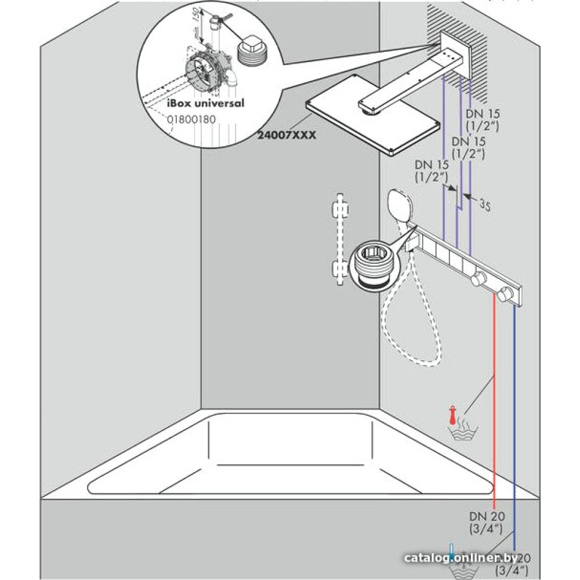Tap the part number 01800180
(191, 119)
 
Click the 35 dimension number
(485, 204)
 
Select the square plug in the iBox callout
(250, 47)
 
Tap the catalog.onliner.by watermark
(461, 557)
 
